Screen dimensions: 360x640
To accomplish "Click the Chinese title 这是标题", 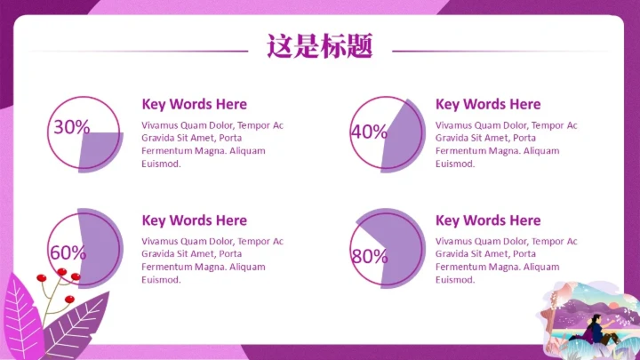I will pos(320,45).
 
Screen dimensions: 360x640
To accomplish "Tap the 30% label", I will pos(71,127).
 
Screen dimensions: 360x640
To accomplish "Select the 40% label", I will pos(369,132).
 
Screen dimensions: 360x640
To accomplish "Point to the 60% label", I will pos(68,252).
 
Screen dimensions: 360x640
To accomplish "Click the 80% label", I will pos(369,257).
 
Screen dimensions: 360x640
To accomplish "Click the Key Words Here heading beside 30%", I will pos(195,104).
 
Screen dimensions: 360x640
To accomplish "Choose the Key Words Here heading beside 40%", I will pos(488,104).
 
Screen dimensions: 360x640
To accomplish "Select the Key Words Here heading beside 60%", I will pos(195,220).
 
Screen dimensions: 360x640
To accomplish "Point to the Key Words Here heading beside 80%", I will pos(488,220).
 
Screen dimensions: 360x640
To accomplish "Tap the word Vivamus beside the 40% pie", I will pos(453,125).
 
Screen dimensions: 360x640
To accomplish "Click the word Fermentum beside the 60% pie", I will pos(164,267).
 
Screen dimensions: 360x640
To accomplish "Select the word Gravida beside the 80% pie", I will pos(452,254).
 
